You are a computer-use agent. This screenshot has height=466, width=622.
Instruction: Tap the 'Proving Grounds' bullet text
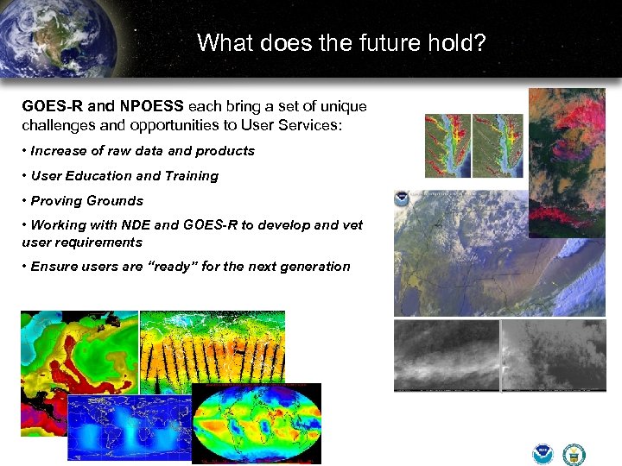[86, 201]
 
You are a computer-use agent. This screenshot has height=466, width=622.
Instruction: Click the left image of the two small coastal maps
[447, 145]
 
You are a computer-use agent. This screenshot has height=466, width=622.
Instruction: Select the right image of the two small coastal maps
[498, 145]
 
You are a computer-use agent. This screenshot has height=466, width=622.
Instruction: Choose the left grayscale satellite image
[447, 356]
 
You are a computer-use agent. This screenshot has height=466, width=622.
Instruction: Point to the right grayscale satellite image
[553, 356]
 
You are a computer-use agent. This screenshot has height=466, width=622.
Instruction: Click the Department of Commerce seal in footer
[574, 454]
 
